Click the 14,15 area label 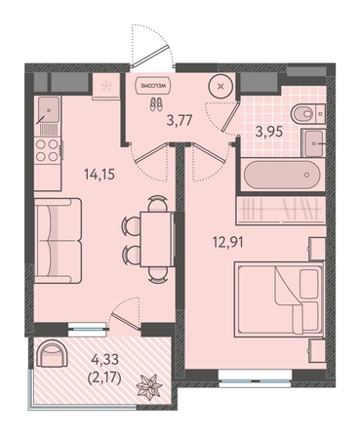100,175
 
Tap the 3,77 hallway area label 180,120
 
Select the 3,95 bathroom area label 268,132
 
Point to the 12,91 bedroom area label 227,242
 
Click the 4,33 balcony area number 105,360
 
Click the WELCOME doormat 154,86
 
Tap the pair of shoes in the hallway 156,104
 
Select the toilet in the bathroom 308,114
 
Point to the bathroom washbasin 313,143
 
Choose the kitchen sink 48,110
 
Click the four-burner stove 48,150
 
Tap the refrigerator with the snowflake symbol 105,87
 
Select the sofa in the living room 58,241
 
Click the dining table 157,239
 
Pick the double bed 280,300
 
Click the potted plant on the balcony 149,386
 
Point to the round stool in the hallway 221,86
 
